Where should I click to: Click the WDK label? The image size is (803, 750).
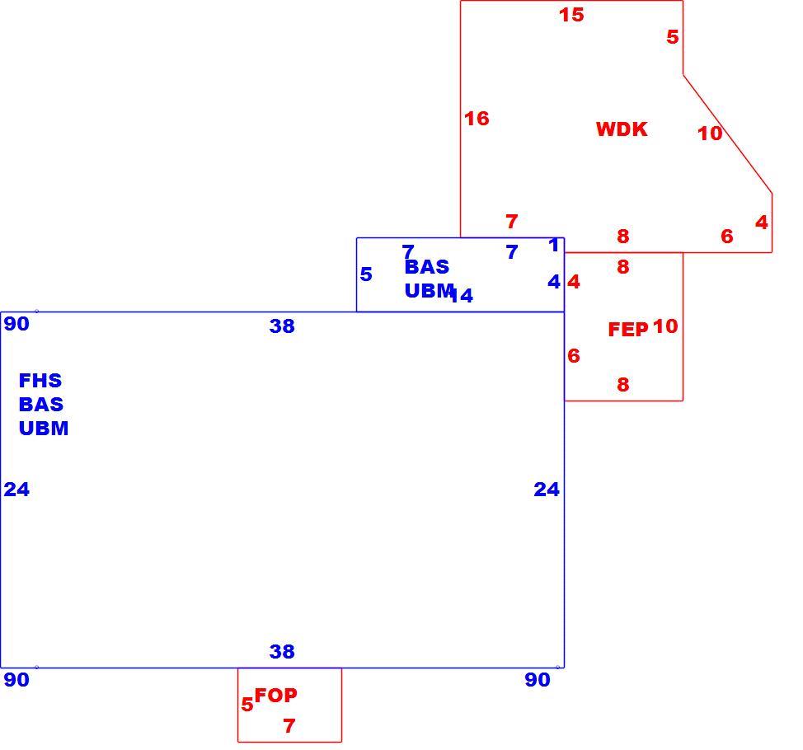[x=622, y=129]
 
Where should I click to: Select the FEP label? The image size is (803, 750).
[x=628, y=330]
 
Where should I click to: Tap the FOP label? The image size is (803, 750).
[x=275, y=696]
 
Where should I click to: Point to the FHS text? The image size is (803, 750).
[x=40, y=381]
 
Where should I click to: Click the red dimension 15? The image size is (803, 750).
[x=571, y=15]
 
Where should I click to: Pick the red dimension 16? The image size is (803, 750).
[x=477, y=119]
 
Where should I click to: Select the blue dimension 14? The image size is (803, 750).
[x=462, y=295]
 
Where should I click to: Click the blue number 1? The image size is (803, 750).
[x=553, y=246]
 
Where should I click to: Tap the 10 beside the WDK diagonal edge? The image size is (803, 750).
[x=710, y=134]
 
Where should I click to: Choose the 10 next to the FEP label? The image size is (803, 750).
[x=665, y=326]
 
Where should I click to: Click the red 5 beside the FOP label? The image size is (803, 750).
[x=247, y=705]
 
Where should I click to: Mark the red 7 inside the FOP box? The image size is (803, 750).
[x=289, y=726]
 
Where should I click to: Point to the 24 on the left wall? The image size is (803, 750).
[x=16, y=490]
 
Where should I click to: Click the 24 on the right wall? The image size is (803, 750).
[x=547, y=490]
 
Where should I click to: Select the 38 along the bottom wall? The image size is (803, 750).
[x=282, y=652]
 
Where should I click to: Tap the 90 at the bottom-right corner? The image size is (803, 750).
[x=538, y=680]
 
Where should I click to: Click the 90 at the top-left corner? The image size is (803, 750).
[x=16, y=324]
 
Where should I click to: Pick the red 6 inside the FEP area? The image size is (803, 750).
[x=574, y=356]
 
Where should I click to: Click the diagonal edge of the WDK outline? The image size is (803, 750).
[x=727, y=134]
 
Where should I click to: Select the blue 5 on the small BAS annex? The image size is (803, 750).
[x=366, y=274]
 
